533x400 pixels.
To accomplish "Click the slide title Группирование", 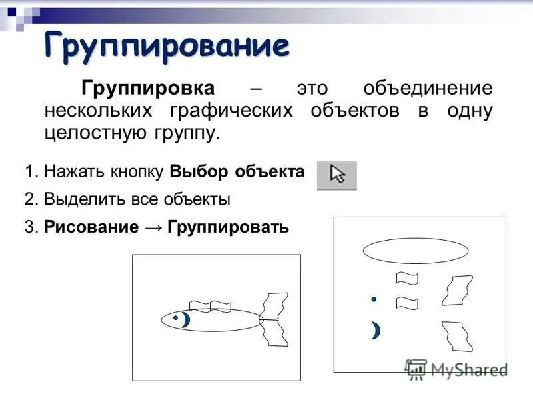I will pyautogui.click(x=167, y=46).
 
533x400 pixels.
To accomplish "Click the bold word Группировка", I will pyautogui.click(x=147, y=89).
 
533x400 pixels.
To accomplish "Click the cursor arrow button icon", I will pyautogui.click(x=337, y=175).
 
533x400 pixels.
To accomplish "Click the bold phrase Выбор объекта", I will pyautogui.click(x=237, y=171).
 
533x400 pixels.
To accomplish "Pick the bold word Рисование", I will pyautogui.click(x=91, y=227).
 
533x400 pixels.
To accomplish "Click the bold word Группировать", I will pyautogui.click(x=228, y=227).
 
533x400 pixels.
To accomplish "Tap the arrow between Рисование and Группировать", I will pyautogui.click(x=151, y=227).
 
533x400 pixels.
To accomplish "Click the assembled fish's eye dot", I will pyautogui.click(x=175, y=318).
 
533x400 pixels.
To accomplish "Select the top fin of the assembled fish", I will pyautogui.click(x=210, y=306).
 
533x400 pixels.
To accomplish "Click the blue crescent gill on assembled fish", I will pyautogui.click(x=186, y=320).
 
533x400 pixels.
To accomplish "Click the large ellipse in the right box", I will pyautogui.click(x=416, y=251).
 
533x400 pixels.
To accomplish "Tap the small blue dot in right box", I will pyautogui.click(x=374, y=299).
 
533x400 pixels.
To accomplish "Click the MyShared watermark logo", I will pyautogui.click(x=456, y=369).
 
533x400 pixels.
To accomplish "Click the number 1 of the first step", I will pyautogui.click(x=29, y=171).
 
